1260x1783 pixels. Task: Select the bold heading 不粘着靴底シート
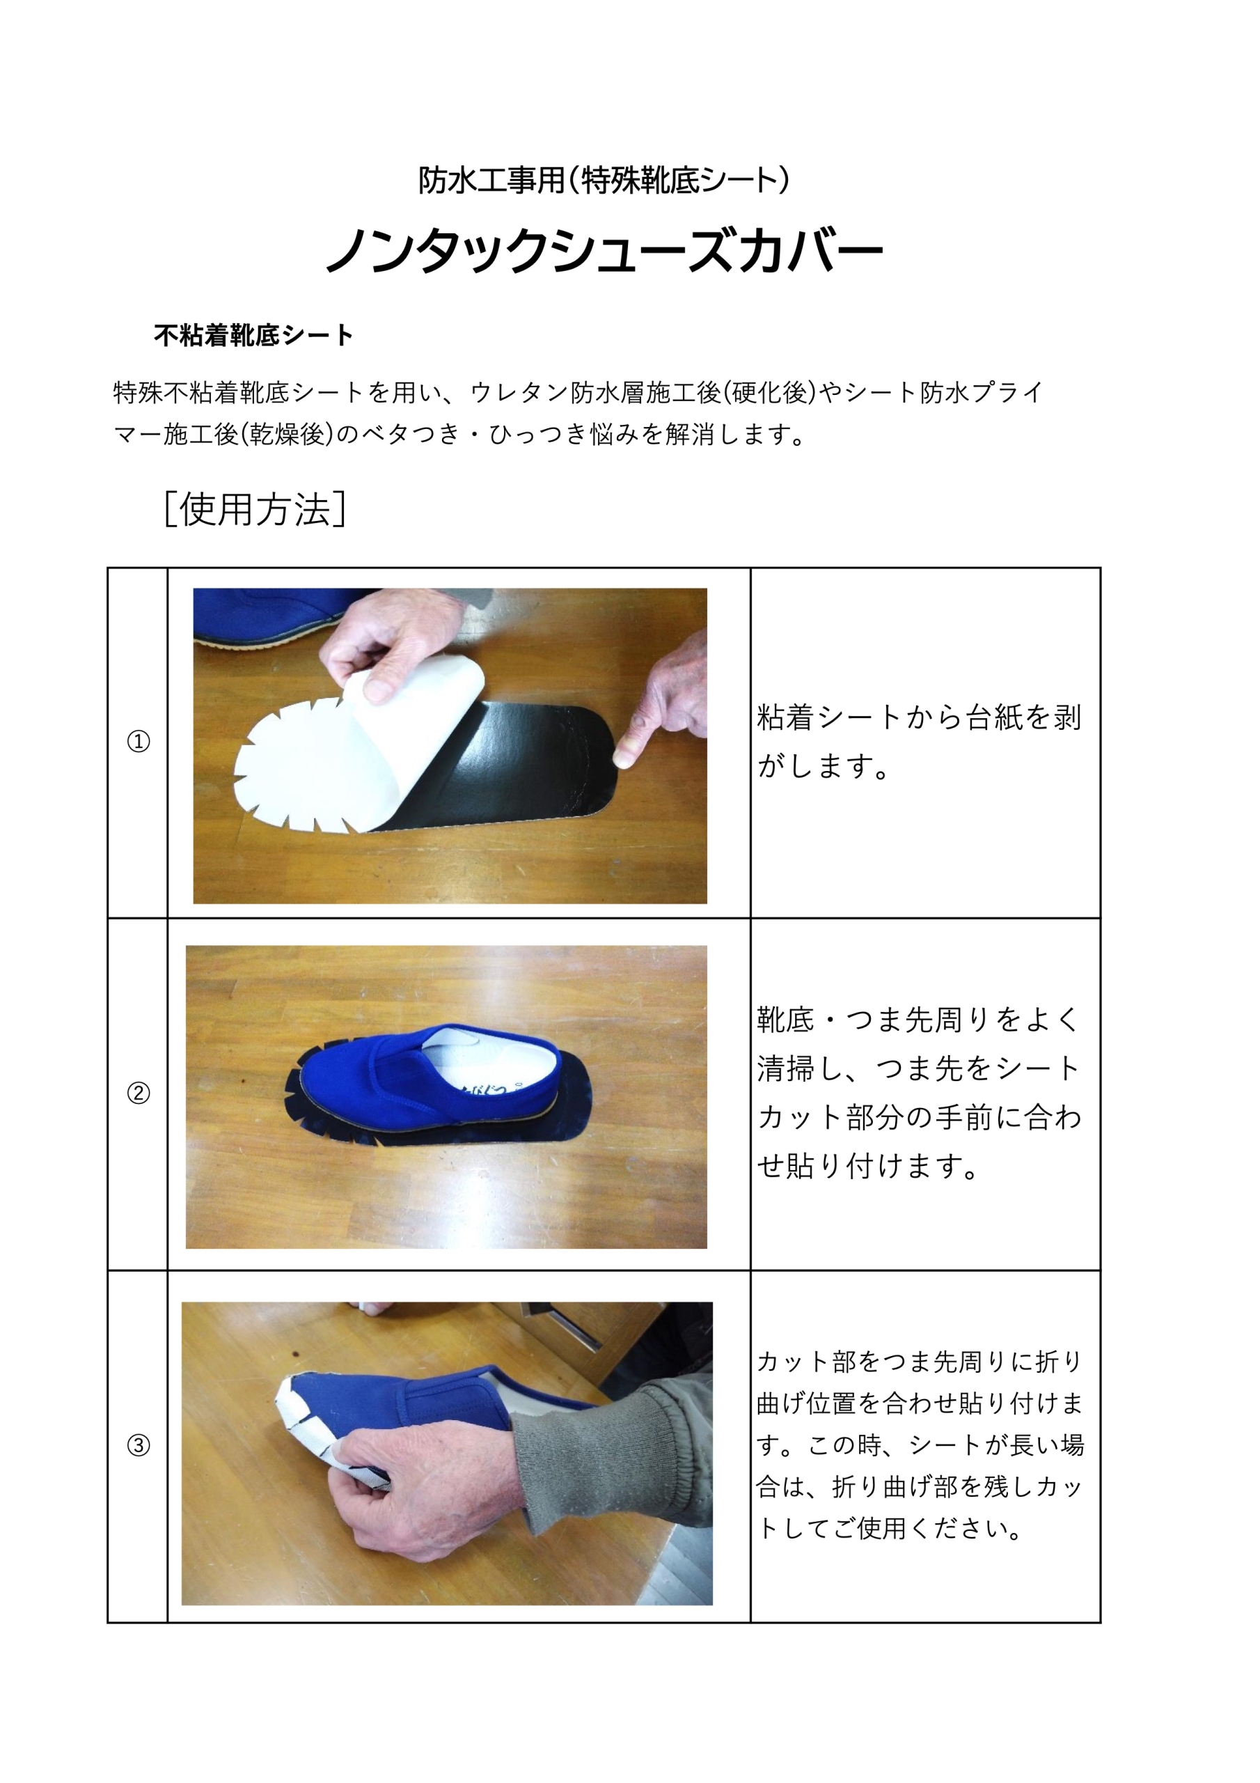click(253, 336)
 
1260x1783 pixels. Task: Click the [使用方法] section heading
click(255, 511)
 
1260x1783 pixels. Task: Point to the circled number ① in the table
click(139, 742)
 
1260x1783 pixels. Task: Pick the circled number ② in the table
click(139, 1093)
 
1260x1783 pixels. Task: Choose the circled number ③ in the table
click(139, 1445)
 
